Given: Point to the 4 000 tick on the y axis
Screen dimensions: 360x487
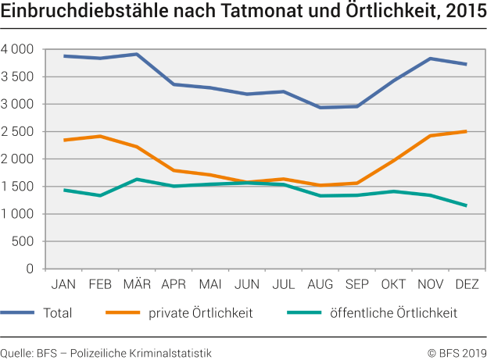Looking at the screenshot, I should [x=17, y=49].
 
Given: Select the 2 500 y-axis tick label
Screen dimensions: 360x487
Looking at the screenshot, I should [x=17, y=132].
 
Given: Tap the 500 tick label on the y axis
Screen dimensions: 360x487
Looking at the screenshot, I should [x=23, y=241].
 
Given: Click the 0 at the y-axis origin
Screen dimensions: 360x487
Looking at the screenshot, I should [x=30, y=269].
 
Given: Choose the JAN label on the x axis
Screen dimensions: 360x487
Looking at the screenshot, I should [x=63, y=282].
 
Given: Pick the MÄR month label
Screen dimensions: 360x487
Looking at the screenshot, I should [x=137, y=282].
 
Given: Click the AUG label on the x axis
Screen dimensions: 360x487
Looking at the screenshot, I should [x=320, y=282].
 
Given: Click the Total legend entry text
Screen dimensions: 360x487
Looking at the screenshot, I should [x=57, y=314].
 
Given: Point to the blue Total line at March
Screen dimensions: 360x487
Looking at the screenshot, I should [x=137, y=55].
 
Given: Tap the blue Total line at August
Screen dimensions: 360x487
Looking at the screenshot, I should [x=320, y=108].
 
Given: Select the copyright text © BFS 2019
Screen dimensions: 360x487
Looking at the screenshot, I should [x=457, y=351].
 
